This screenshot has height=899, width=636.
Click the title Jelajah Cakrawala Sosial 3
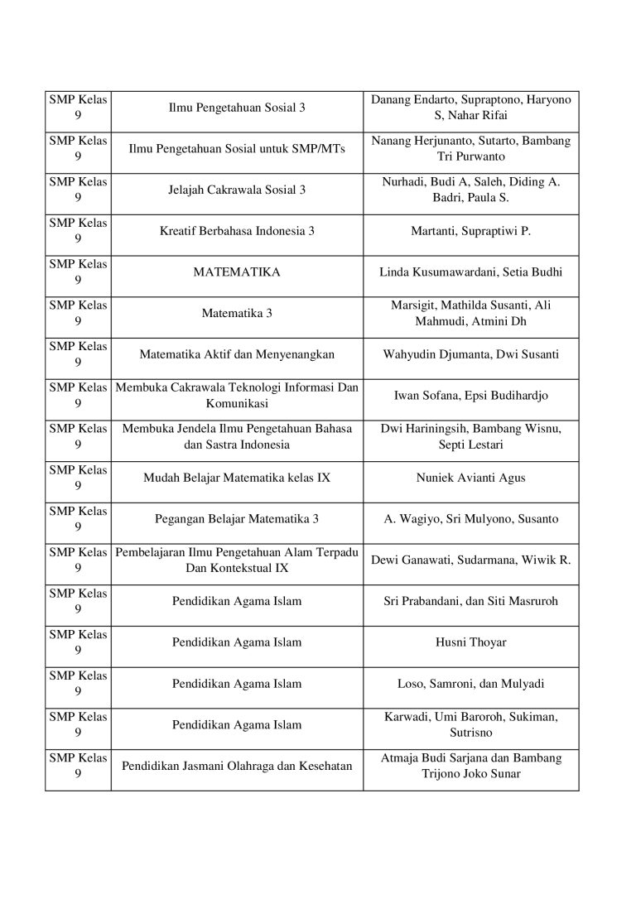(x=237, y=190)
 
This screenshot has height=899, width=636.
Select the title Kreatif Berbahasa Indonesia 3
(x=237, y=231)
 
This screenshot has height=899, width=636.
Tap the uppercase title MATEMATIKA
(x=237, y=272)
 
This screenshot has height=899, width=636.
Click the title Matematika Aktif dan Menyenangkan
(x=237, y=354)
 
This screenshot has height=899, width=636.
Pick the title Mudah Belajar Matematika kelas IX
(x=237, y=478)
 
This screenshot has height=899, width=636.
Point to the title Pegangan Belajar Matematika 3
(x=237, y=519)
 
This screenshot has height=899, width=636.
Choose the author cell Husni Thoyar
(x=470, y=642)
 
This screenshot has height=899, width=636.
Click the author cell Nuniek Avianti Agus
(x=470, y=478)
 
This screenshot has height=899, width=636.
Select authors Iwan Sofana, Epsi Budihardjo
(x=470, y=396)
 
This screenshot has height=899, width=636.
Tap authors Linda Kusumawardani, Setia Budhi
(x=470, y=272)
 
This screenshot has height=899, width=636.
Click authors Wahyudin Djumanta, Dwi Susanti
(x=470, y=354)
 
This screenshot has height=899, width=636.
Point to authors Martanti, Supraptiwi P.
(x=470, y=231)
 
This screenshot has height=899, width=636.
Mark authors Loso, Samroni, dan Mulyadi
(x=470, y=684)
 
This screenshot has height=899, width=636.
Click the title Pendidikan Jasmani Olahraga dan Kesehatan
(x=237, y=766)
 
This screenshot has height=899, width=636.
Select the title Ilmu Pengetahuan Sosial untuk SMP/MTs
(x=237, y=148)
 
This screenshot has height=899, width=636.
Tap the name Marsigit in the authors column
(x=412, y=305)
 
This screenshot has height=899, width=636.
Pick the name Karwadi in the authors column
(x=404, y=716)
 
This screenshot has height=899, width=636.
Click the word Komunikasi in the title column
(x=237, y=403)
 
